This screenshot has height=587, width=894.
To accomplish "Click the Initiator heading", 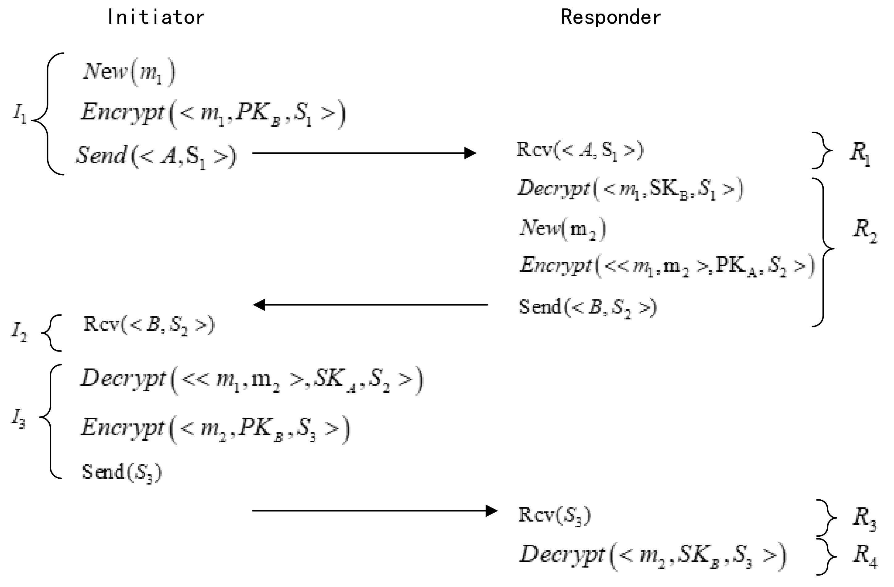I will pos(155,17).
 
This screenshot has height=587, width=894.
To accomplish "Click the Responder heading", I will pos(611,17).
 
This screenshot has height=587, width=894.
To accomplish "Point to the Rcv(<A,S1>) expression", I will pos(580,150).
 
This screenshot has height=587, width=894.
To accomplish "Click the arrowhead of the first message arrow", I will pos(470,153).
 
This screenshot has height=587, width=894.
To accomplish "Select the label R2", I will pos(864,230).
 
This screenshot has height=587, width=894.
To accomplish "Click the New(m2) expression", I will pos(562,228).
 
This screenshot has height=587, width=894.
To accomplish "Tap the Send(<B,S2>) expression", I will pos(587,307).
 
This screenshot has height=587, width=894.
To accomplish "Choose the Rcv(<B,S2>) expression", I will pos(149,325).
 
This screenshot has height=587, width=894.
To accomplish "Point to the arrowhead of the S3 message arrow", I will pos(491,511).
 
